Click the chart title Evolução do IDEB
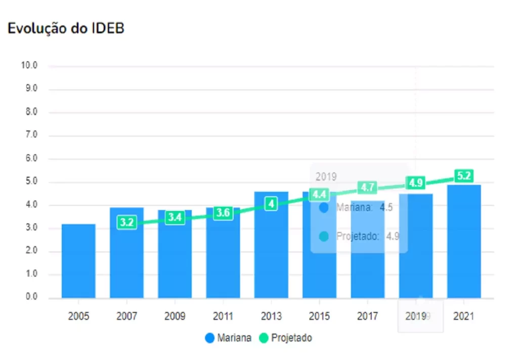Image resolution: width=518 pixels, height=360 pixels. click(66, 29)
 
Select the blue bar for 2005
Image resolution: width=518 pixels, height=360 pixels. click(78, 261)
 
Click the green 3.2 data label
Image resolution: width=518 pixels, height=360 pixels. click(126, 222)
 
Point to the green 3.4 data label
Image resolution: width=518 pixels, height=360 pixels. click(175, 218)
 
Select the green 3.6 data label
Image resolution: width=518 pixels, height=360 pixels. click(223, 213)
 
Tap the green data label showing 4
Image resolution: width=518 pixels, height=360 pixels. click(271, 204)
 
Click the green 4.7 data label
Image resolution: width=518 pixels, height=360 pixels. click(368, 188)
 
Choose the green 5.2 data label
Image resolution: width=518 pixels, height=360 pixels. click(464, 176)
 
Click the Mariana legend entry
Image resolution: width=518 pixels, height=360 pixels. click(228, 338)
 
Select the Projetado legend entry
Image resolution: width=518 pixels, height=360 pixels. click(286, 338)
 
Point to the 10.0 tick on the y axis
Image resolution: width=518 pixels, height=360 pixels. click(29, 65)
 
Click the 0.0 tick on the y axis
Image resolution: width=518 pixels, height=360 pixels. click(31, 297)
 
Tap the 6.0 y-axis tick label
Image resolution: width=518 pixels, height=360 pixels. click(31, 158)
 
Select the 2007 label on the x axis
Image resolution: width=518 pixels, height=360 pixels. click(126, 316)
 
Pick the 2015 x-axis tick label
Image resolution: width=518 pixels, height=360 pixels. click(319, 316)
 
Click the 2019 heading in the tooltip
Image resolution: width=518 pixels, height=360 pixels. click(326, 177)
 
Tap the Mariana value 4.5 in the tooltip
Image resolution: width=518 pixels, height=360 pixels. click(386, 207)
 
